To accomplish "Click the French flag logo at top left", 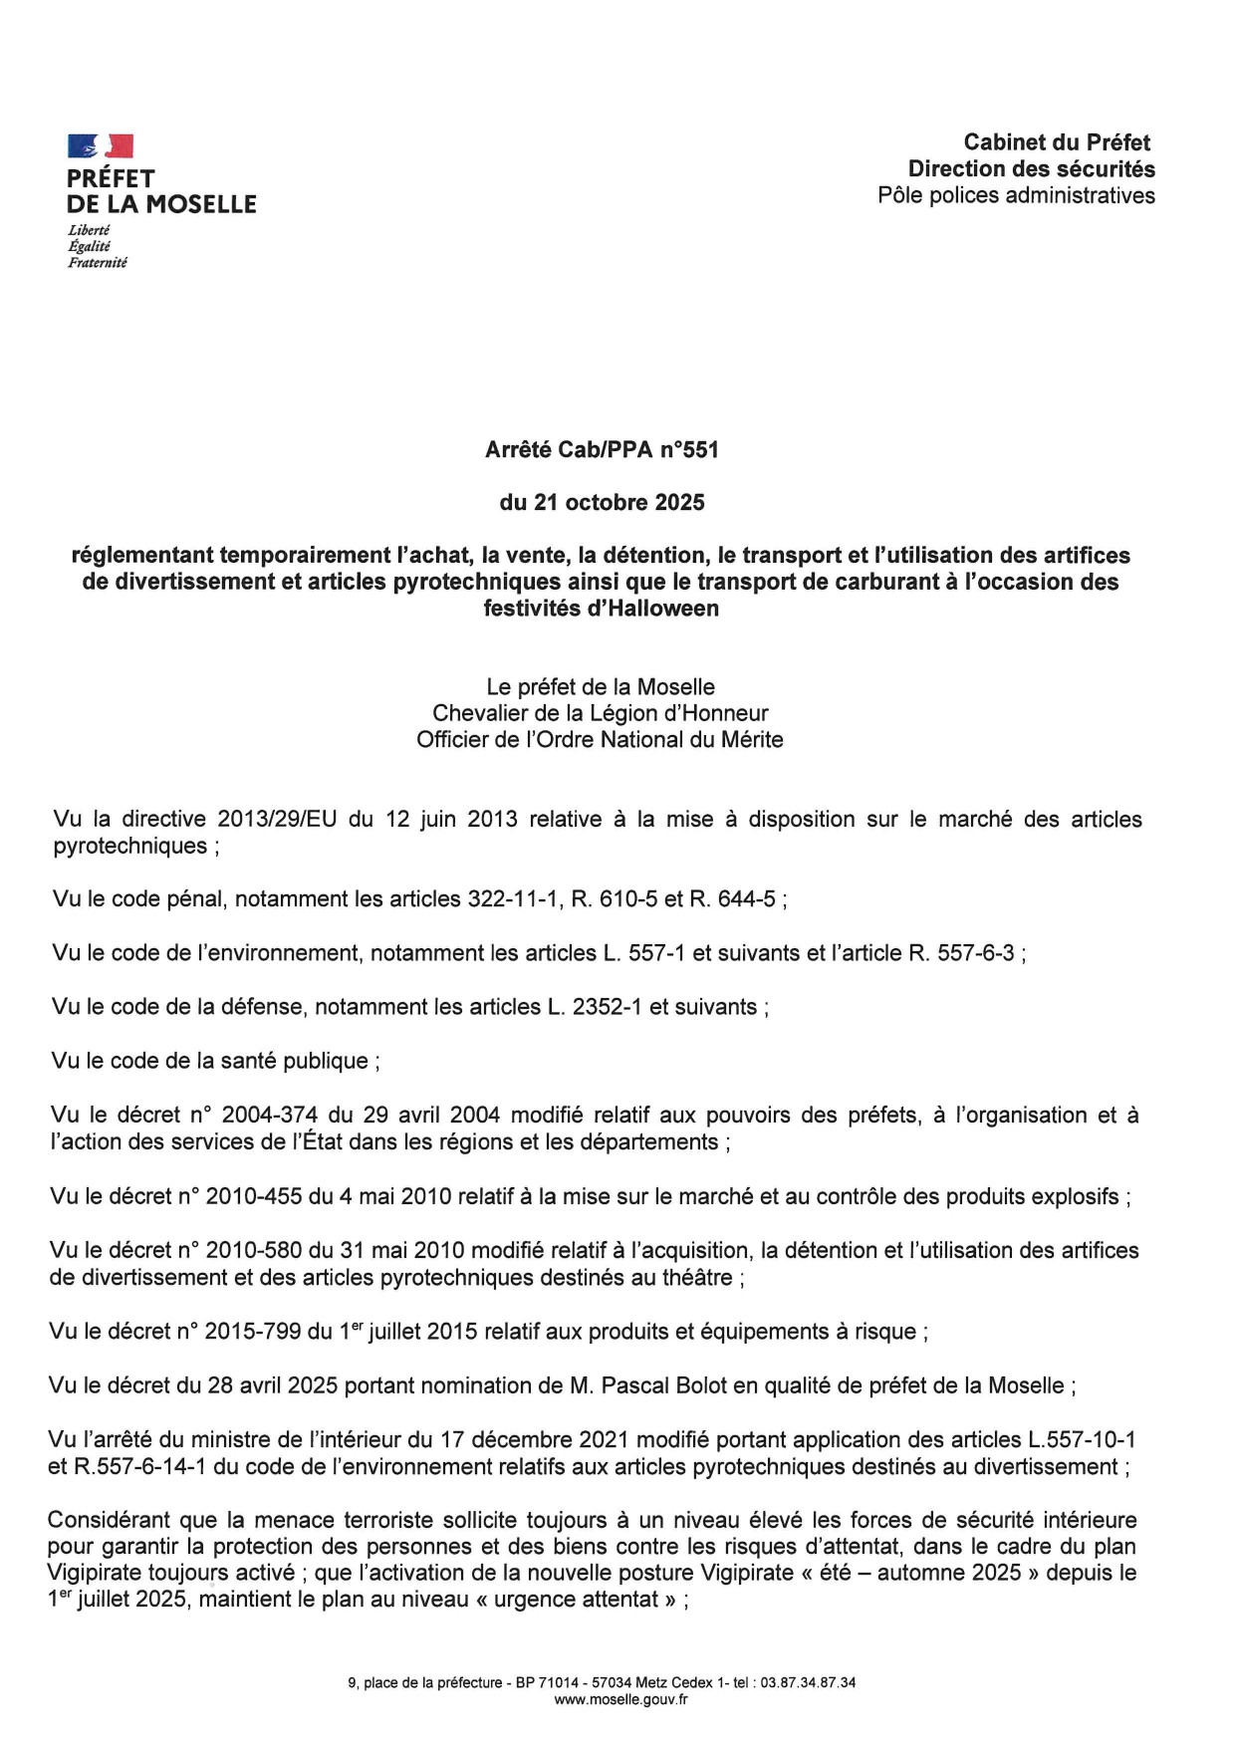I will coord(100,146).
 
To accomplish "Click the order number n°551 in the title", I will coord(688,450).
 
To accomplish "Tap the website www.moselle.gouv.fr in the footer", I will coord(620,1699).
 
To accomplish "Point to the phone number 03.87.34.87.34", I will coord(808,1682).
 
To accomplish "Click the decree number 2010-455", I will coord(254,1196).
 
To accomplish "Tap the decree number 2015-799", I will coord(253,1332).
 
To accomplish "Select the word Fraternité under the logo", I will coord(97,263).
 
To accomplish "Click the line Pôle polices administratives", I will coord(1016,196).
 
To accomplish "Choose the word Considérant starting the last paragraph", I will coord(110,1521).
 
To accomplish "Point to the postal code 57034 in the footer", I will coord(612,1682).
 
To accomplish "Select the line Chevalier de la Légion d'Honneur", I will coord(600,714).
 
